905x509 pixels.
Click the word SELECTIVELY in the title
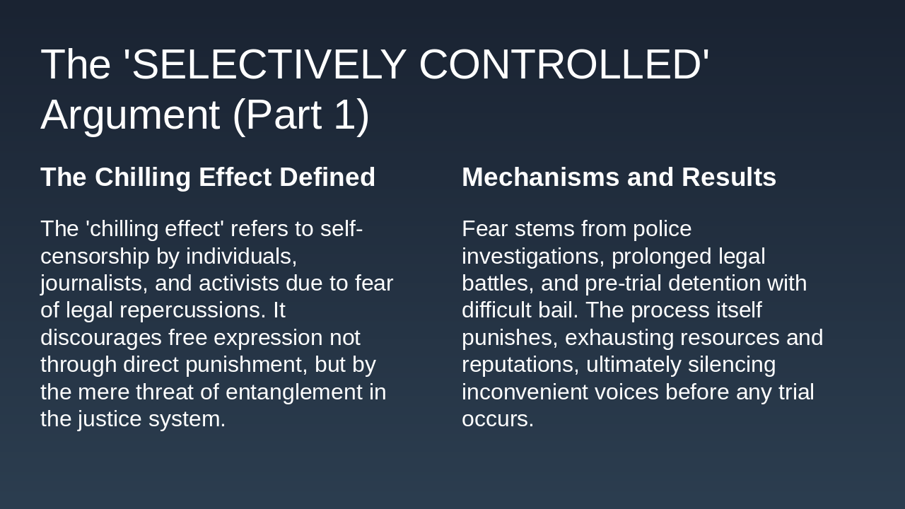click(269, 64)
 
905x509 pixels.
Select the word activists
click(239, 283)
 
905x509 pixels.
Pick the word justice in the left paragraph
click(110, 419)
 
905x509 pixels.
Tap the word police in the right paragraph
click(662, 228)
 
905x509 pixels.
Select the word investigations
click(530, 256)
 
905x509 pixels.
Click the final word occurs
click(497, 419)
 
